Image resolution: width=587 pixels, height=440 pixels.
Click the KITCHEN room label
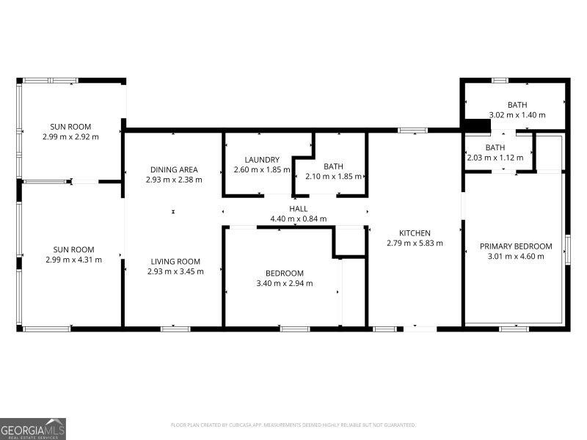(415, 233)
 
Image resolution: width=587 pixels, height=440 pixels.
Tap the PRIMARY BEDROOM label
(516, 246)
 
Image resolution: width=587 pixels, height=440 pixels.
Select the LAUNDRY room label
(262, 160)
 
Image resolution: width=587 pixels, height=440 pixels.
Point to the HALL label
(299, 209)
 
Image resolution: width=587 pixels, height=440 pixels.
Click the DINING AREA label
(174, 169)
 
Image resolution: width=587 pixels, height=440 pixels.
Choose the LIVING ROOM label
(175, 262)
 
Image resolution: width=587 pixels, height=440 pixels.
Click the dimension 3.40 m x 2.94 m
(285, 284)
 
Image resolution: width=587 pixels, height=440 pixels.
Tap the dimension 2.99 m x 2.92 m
(70, 137)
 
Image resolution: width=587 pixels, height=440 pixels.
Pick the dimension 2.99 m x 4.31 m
(74, 260)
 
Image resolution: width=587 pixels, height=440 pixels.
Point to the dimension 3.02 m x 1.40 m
(517, 115)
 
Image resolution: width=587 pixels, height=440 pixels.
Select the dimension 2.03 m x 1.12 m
(495, 158)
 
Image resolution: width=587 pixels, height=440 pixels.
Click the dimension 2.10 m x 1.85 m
(334, 177)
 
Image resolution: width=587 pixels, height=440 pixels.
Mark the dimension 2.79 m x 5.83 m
(415, 243)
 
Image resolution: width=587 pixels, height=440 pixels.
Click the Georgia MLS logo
(33, 429)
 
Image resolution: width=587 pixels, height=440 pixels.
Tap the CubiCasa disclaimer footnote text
(293, 425)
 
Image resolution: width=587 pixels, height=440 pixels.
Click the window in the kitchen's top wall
(412, 131)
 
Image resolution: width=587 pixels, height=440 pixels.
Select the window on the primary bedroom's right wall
(567, 249)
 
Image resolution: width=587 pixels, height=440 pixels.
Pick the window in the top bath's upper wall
(500, 80)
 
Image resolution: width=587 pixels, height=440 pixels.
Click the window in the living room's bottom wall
(175, 329)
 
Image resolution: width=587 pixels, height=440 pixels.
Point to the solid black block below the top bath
(478, 125)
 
